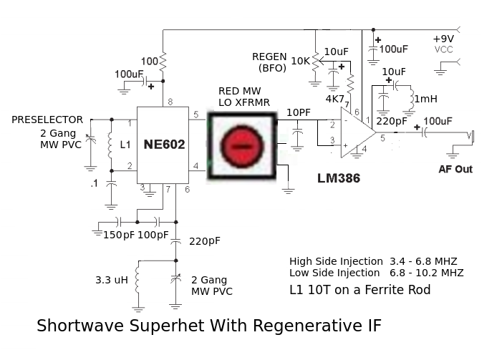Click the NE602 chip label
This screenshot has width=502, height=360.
pyautogui.click(x=163, y=145)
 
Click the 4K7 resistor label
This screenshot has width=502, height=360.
pyautogui.click(x=335, y=98)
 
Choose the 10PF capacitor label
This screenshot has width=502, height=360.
pyautogui.click(x=299, y=113)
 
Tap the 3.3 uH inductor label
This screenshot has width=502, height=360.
pyautogui.click(x=111, y=280)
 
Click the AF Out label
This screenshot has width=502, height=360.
pyautogui.click(x=455, y=170)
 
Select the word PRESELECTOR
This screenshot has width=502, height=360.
pyautogui.click(x=47, y=120)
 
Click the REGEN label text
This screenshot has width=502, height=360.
pyautogui.click(x=270, y=57)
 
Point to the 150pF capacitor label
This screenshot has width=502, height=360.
pyautogui.click(x=118, y=235)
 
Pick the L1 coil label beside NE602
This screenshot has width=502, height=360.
pyautogui.click(x=126, y=145)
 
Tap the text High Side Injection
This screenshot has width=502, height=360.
pyautogui.click(x=336, y=261)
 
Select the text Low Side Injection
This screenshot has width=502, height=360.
pyautogui.click(x=334, y=273)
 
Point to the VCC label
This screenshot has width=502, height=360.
pyautogui.click(x=444, y=49)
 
